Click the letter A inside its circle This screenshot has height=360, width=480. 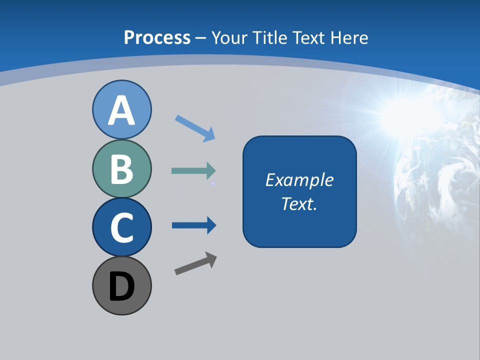click(x=122, y=110)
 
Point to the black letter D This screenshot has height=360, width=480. click(x=122, y=287)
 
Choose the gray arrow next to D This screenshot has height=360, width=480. click(x=192, y=265)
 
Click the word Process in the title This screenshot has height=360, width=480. click(x=157, y=37)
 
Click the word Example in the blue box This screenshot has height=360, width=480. click(x=299, y=179)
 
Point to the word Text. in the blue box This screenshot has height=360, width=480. click(x=299, y=203)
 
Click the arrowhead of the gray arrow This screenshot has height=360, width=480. click(x=211, y=259)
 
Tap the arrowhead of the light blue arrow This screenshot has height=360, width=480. click(x=209, y=134)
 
